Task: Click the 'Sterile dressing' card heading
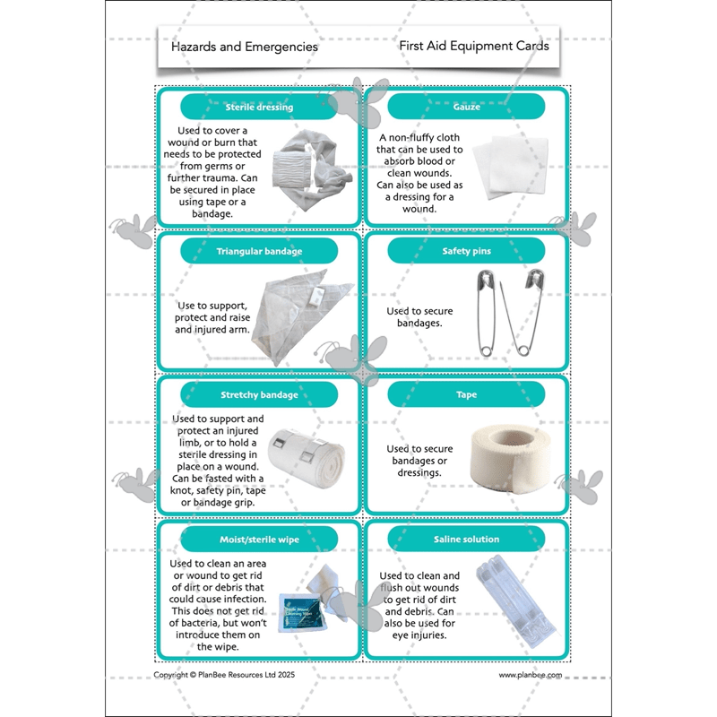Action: [259, 108]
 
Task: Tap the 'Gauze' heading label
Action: [466, 108]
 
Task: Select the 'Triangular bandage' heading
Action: [259, 251]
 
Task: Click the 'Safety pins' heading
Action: [466, 251]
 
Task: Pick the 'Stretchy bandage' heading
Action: [259, 394]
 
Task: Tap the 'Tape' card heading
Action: [466, 394]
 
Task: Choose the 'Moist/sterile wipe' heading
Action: [259, 539]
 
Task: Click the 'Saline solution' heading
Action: [466, 539]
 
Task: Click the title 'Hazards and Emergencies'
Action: [244, 47]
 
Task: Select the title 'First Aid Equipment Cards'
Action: [474, 46]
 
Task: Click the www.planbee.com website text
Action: [530, 675]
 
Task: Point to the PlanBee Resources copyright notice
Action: [223, 675]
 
